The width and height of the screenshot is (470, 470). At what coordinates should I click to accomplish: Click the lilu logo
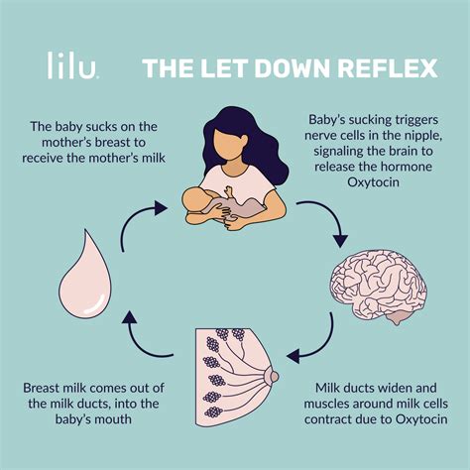[x=73, y=66]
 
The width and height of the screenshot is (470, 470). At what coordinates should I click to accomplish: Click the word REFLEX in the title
[x=383, y=68]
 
